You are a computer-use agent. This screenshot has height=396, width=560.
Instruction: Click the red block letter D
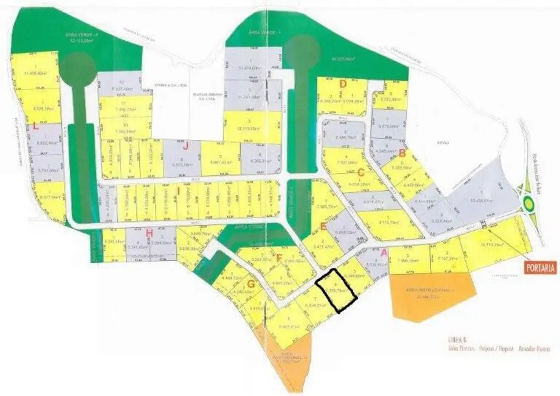343,83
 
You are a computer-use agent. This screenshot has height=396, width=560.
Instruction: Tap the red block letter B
401,154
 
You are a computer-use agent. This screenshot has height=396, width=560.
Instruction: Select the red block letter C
361,172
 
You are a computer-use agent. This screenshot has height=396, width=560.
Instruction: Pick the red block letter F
278,257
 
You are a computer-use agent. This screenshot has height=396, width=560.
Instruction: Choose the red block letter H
149,232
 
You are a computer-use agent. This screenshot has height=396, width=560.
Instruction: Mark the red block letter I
178,190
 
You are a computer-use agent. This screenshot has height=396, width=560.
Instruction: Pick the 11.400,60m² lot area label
35,73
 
